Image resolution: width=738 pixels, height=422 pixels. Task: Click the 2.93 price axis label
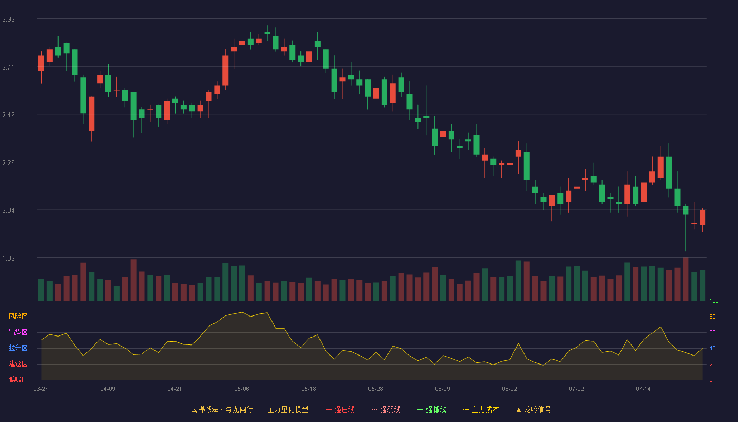[x=8, y=20]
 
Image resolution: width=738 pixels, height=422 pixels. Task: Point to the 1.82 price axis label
[x=8, y=258]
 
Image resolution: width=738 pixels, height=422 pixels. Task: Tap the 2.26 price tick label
[x=8, y=163]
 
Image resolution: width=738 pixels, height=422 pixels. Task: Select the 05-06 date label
[x=241, y=389]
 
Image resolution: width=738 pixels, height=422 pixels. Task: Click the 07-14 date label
[x=643, y=389]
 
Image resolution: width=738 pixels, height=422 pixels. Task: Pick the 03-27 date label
[x=41, y=389]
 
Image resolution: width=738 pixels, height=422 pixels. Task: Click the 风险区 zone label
[x=18, y=316]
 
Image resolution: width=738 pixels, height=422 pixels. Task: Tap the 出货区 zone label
[x=18, y=332]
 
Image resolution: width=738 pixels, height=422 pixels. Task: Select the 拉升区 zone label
[x=18, y=348]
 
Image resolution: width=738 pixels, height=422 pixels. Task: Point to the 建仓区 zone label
[x=18, y=363]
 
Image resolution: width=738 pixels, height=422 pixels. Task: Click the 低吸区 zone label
[x=18, y=379]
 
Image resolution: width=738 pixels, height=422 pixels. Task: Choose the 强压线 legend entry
[x=340, y=409]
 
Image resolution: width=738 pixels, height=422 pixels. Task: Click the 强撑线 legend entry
[x=432, y=409]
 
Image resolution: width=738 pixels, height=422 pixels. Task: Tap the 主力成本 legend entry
[x=481, y=409]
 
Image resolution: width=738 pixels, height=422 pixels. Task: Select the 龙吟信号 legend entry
[x=533, y=409]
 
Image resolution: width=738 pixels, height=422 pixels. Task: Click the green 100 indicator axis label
[x=714, y=301]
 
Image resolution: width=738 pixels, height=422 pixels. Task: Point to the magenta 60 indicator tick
[x=712, y=332]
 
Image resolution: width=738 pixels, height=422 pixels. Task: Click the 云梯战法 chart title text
[x=205, y=409]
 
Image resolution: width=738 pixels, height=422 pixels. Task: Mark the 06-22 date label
[x=509, y=389]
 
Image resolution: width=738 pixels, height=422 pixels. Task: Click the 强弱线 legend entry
[x=386, y=409]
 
